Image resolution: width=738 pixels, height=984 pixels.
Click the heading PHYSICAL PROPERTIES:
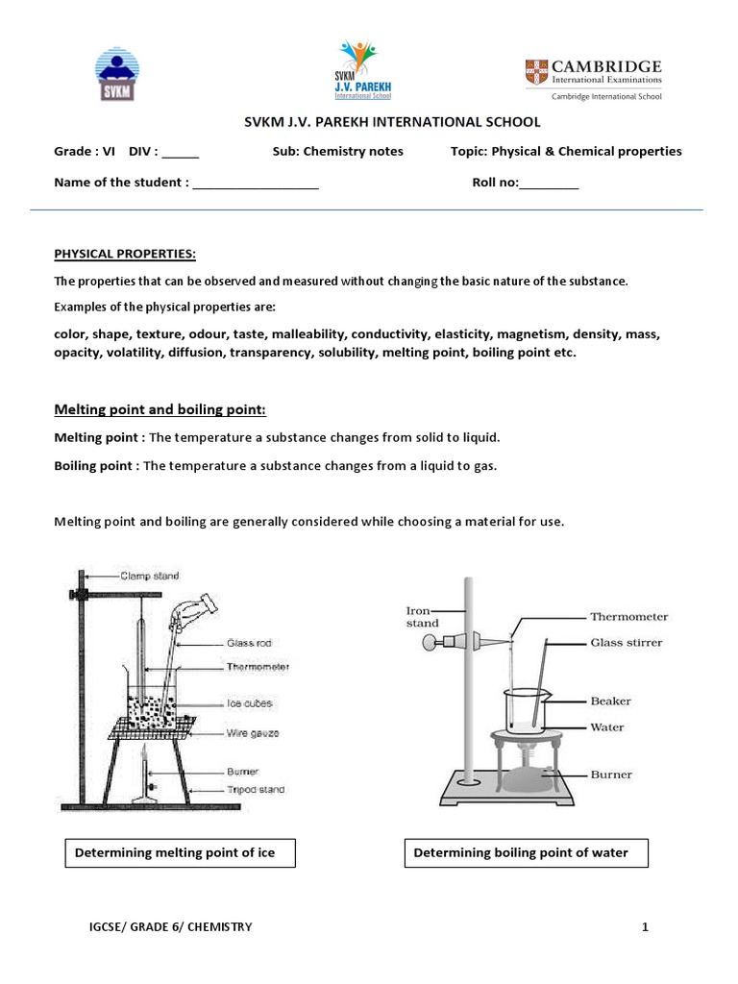point(125,254)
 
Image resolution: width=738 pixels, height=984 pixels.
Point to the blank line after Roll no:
point(549,183)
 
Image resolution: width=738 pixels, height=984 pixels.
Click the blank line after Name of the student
point(256,183)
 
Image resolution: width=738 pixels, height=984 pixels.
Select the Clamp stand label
point(149,577)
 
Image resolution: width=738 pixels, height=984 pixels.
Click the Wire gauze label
point(253,733)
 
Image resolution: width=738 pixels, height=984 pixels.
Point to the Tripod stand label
point(256,790)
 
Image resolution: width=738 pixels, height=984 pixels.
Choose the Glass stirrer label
point(626,643)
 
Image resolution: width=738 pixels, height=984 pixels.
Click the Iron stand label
point(422,616)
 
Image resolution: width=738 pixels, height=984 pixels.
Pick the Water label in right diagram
point(607,727)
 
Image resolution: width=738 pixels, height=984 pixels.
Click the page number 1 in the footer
point(646,927)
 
